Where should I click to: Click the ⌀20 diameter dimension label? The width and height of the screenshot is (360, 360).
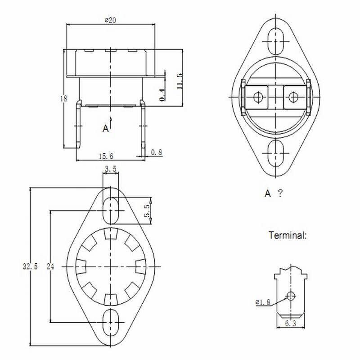pyautogui.click(x=110, y=20)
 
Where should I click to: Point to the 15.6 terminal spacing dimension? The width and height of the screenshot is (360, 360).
pyautogui.click(x=106, y=156)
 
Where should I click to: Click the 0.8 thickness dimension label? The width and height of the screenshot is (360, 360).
pyautogui.click(x=156, y=153)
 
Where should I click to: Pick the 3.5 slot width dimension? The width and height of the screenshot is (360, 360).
pyautogui.click(x=111, y=170)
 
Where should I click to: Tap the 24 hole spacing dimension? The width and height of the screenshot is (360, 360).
pyautogui.click(x=50, y=266)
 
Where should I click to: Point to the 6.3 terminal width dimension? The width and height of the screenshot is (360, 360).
pyautogui.click(x=291, y=323)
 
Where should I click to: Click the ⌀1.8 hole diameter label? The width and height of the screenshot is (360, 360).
pyautogui.click(x=263, y=302)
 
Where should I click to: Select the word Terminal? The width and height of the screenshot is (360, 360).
pyautogui.click(x=288, y=235)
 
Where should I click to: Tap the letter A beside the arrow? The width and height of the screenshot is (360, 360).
pyautogui.click(x=105, y=129)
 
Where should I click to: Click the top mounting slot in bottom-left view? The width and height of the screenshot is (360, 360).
pyautogui.click(x=111, y=209)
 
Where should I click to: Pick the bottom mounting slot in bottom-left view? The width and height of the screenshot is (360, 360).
pyautogui.click(x=111, y=322)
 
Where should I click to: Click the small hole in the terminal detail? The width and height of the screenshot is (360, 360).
pyautogui.click(x=291, y=296)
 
